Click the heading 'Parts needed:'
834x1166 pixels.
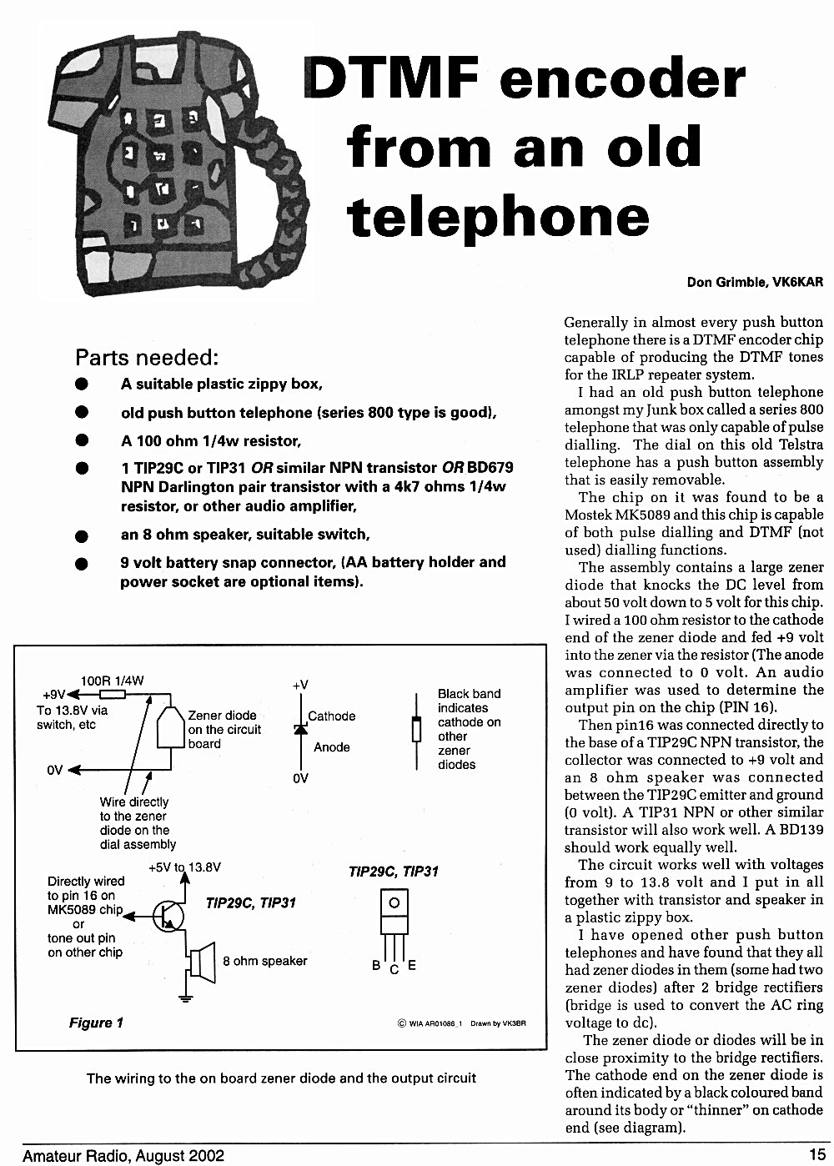pyautogui.click(x=147, y=358)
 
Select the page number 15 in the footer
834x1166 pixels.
pyautogui.click(x=817, y=1154)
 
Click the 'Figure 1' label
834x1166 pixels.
pyautogui.click(x=96, y=1023)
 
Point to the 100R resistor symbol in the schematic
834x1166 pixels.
pyautogui.click(x=113, y=694)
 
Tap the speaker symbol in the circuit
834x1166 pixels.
pyautogui.click(x=203, y=962)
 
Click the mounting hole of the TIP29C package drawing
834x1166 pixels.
pyautogui.click(x=394, y=902)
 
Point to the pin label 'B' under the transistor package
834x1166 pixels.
pyautogui.click(x=376, y=965)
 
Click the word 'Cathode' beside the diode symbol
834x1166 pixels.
pyautogui.click(x=332, y=716)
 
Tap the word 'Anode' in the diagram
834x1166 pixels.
pyautogui.click(x=332, y=747)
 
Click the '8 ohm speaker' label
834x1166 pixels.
pyautogui.click(x=265, y=961)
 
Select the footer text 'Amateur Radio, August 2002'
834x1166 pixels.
pyautogui.click(x=123, y=1156)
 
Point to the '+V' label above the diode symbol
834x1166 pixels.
pyautogui.click(x=300, y=685)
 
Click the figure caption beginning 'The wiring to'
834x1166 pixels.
pyautogui.click(x=281, y=1078)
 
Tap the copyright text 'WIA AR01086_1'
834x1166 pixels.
pyautogui.click(x=435, y=1023)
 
